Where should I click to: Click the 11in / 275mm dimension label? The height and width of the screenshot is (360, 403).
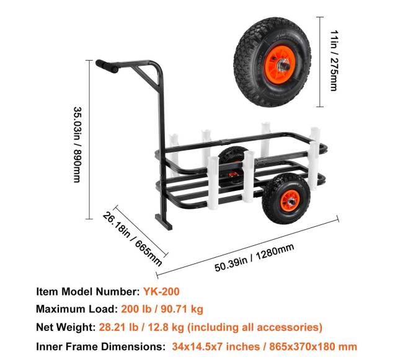(x=332, y=55)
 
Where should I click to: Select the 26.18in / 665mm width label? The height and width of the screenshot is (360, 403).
(x=131, y=236)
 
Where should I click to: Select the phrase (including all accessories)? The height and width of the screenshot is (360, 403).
(x=255, y=327)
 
